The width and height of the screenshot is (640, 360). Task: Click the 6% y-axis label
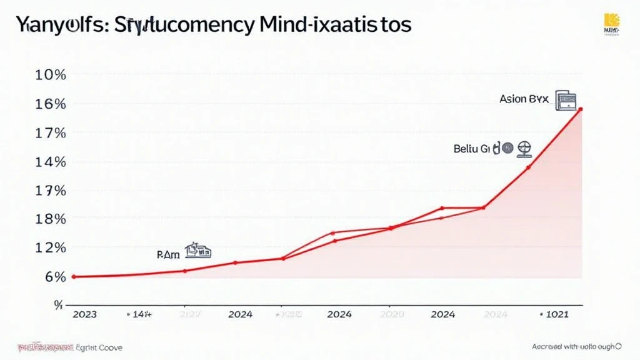[x=54, y=276]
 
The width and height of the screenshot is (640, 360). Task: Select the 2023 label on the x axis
[x=84, y=314]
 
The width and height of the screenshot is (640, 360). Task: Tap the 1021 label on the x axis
[x=556, y=314]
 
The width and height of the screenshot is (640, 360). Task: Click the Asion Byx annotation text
[x=523, y=99]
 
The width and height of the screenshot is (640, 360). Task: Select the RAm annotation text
[x=167, y=254]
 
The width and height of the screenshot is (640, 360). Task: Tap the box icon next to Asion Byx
[x=566, y=101]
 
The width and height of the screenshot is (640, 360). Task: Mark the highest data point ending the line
[x=581, y=109]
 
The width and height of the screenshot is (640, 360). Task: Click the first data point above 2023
[x=74, y=276]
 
